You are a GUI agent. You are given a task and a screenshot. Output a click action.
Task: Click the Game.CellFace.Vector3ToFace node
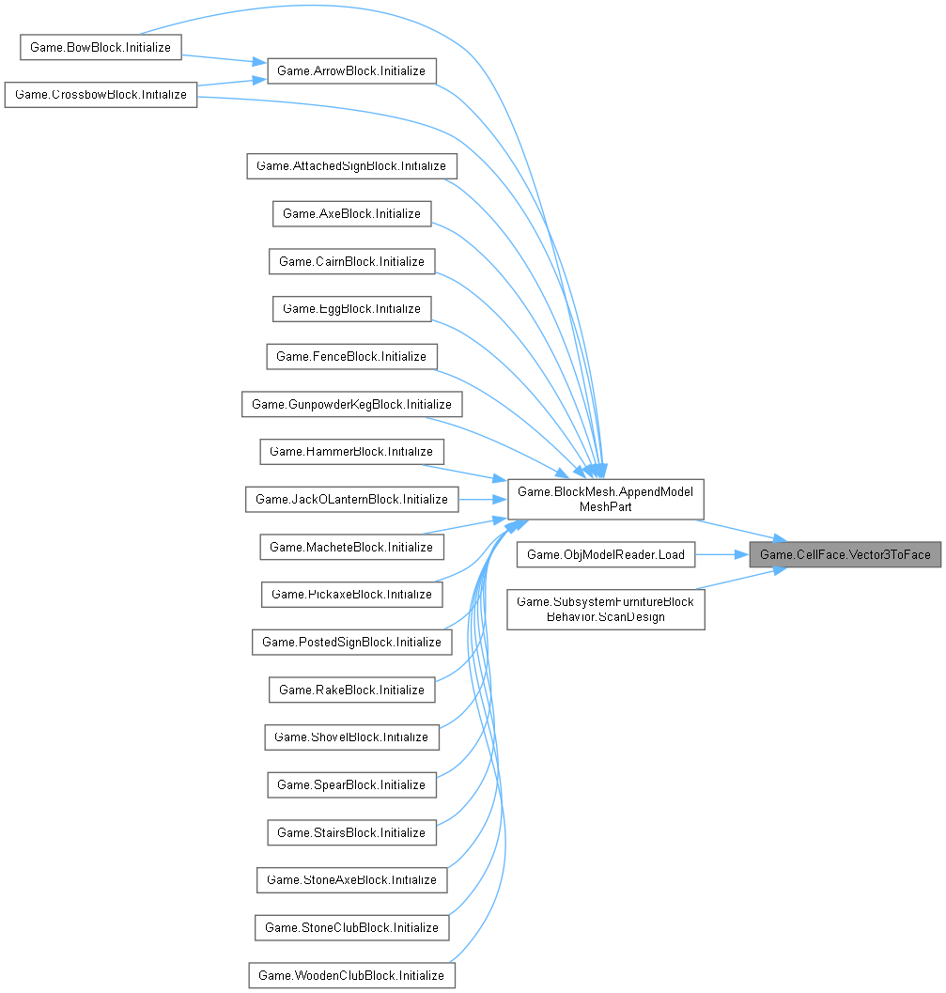click(845, 554)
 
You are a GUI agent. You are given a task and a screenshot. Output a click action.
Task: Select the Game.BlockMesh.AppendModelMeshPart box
click(605, 499)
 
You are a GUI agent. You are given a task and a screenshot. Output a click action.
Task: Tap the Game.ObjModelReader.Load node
click(605, 554)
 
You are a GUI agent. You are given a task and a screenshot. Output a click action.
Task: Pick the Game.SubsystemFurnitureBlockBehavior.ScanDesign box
click(605, 610)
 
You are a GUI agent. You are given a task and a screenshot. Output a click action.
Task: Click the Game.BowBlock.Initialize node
click(100, 47)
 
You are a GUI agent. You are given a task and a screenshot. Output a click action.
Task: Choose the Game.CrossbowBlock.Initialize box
click(101, 95)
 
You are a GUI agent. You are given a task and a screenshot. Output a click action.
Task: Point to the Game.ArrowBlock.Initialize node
click(352, 71)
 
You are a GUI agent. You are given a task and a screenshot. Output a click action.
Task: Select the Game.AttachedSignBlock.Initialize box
click(351, 166)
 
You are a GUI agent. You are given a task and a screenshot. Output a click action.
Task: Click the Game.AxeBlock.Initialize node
click(351, 213)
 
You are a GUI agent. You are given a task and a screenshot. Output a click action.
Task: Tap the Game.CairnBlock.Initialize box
click(351, 261)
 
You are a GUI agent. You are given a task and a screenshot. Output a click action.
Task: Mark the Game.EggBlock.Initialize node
click(351, 308)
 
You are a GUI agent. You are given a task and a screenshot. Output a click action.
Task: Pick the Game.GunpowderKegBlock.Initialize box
click(351, 404)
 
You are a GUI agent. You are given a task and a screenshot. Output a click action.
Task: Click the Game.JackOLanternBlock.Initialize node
click(351, 499)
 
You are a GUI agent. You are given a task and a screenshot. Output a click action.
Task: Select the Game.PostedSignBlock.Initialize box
click(351, 642)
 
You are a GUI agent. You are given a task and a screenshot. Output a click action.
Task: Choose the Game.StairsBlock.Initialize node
click(351, 832)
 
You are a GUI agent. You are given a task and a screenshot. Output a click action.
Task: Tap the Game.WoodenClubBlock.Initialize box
click(351, 975)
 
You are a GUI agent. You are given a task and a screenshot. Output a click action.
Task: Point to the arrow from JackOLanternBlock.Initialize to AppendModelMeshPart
click(482, 499)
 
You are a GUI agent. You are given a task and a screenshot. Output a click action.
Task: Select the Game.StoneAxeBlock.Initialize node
click(351, 879)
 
